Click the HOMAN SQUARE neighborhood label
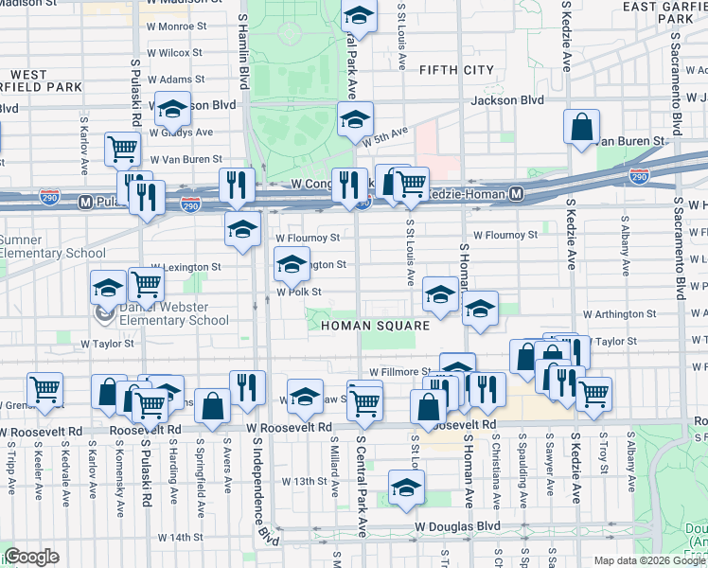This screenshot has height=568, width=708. [x=375, y=326]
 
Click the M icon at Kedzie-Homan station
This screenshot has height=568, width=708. [x=516, y=194]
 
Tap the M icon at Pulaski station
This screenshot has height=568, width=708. [x=85, y=201]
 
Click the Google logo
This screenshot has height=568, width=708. [x=30, y=557]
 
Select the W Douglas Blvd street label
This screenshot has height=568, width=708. [x=454, y=525]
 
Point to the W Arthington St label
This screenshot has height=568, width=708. [x=620, y=313]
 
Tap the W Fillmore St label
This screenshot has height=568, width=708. [x=400, y=373]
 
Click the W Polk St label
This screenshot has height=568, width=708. [x=300, y=293]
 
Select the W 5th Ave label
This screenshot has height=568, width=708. [x=385, y=135]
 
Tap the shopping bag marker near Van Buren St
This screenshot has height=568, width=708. [x=581, y=127]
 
